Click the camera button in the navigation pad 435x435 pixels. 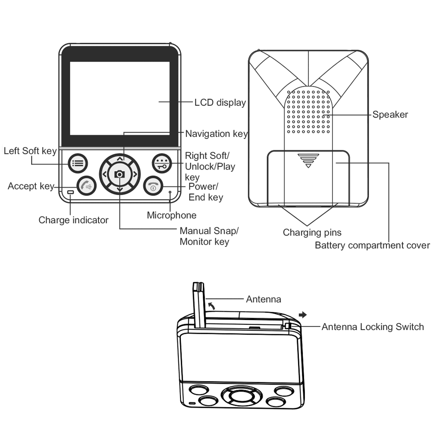coord(120,174)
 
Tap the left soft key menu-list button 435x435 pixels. coord(78,163)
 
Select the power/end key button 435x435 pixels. coord(153,186)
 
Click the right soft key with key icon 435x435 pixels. coord(162,163)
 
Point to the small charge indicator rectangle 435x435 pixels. coord(71,192)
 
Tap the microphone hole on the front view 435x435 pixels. coord(170,192)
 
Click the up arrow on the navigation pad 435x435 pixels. coord(120,159)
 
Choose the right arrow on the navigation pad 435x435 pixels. coord(135,174)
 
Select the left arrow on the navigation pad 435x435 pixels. coord(104,174)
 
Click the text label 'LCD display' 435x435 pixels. coord(220,103)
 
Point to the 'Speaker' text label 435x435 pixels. coord(390,115)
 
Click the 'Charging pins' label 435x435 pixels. coord(312,233)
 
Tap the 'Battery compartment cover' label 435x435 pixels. coord(372,245)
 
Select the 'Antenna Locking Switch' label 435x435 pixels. coord(373,327)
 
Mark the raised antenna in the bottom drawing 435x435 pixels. coord(199,305)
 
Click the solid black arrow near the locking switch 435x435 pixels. coord(303,314)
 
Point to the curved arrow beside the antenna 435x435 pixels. coord(211,306)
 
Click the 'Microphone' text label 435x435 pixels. coord(171,215)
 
